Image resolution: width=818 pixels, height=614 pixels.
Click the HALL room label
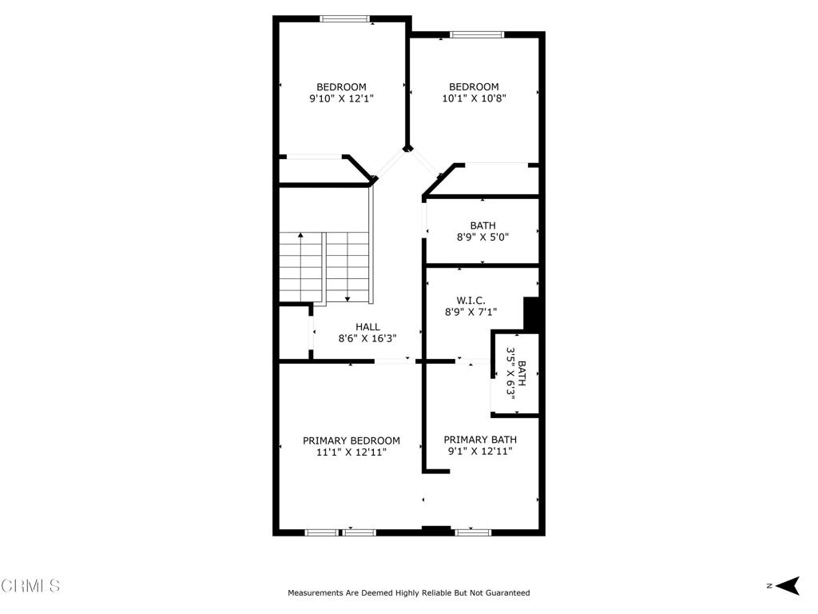[367, 327]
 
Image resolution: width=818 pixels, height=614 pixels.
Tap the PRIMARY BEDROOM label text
[351, 441]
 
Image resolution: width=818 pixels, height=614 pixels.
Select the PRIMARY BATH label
[480, 440]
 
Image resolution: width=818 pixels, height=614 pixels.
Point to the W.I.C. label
[471, 301]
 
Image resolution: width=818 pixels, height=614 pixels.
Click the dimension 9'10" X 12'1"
[341, 98]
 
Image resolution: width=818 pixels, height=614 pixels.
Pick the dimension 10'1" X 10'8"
[474, 98]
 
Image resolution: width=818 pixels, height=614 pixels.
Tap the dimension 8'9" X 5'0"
[482, 237]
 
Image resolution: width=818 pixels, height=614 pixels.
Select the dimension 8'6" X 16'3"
[367, 338]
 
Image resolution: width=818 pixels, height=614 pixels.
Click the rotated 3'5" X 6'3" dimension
[510, 374]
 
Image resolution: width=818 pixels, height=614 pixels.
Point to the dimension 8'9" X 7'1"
[471, 313]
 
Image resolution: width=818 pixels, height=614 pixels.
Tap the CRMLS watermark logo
[30, 585]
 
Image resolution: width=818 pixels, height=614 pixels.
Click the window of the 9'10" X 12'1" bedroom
[345, 19]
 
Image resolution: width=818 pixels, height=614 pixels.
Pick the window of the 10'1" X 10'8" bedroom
[477, 35]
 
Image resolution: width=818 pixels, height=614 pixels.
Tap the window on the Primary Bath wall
[473, 532]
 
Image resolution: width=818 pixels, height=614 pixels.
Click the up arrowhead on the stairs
[300, 236]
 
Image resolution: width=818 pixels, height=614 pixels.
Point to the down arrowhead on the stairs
[347, 299]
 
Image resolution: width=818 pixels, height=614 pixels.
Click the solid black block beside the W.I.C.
[531, 313]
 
